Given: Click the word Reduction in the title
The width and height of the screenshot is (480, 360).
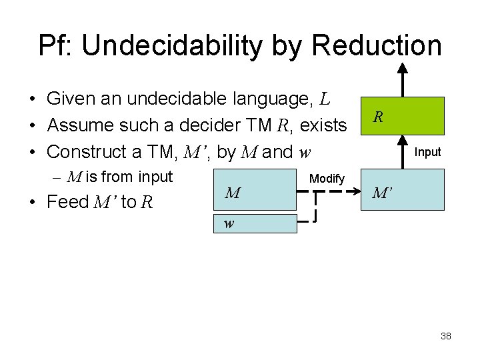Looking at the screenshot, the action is (376, 45).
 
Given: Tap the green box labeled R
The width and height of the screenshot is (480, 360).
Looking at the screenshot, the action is (402, 116).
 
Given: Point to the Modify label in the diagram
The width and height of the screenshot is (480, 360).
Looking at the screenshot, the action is (327, 179).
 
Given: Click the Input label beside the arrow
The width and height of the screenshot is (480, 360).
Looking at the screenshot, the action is (427, 152).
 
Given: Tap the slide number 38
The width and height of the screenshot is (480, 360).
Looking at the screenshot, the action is (446, 336).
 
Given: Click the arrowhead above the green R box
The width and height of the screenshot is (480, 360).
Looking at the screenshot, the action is (402, 68).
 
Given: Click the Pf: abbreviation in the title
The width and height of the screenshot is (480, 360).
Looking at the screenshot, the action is (56, 45).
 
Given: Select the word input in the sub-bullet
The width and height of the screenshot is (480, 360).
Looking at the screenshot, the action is (154, 177).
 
